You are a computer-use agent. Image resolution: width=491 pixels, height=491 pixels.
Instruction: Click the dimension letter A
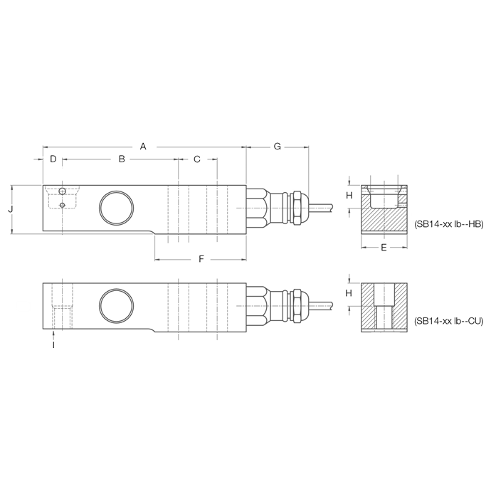coord(143,147)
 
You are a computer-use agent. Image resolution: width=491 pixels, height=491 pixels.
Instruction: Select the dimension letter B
coord(121,159)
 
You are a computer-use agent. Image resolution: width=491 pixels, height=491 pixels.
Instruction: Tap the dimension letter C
coord(197,159)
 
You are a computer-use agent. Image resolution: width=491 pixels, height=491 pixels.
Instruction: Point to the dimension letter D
coord(53,159)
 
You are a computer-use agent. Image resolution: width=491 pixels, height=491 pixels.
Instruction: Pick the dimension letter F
coord(201,260)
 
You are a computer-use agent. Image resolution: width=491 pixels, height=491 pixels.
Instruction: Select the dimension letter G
coord(278,147)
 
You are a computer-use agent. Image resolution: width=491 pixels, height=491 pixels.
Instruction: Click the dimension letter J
coord(10,210)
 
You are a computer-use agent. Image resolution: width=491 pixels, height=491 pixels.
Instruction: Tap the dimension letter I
coord(53,344)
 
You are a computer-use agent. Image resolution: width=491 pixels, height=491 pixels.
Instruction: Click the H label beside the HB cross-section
coord(349,195)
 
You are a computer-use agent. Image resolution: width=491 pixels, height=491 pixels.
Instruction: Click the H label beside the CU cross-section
coord(349,292)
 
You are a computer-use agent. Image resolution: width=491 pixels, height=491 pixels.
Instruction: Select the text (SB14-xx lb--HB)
coord(448,223)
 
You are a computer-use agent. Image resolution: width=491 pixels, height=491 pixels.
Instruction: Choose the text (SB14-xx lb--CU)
coord(448,321)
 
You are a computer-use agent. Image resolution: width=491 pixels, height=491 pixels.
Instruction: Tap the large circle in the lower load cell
coord(116,304)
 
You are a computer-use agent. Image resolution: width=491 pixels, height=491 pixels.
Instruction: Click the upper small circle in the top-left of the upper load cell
coord(63,192)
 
